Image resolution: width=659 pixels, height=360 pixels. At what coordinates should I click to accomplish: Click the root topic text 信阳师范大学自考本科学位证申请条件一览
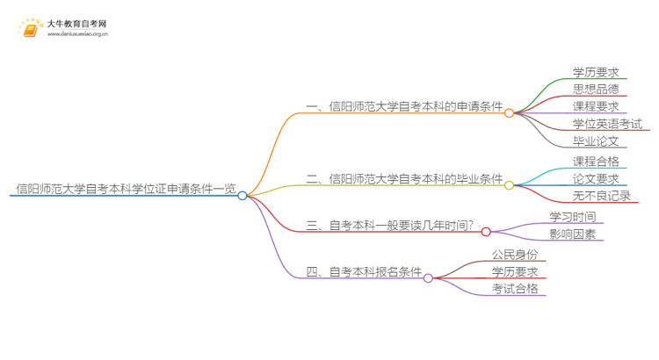pos(126,188)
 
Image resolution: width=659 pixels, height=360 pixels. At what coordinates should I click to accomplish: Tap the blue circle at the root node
pos(243,196)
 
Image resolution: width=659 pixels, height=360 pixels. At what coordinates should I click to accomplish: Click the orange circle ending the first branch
pos(509,113)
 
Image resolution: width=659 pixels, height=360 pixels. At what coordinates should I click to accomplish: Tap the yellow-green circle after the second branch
pos(509,184)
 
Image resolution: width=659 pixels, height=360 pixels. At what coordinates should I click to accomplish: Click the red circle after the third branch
pos(486,232)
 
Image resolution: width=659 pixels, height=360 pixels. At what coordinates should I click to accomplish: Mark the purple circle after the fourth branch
pos(428,278)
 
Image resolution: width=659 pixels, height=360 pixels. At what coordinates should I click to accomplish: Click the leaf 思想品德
pos(596,89)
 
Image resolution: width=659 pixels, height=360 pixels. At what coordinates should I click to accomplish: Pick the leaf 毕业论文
pos(596,140)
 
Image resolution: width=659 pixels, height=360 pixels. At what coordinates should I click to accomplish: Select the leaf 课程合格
pos(596,162)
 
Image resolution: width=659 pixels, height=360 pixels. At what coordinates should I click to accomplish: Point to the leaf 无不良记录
pos(601,196)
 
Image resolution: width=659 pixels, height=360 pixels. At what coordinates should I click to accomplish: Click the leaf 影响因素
pos(573,234)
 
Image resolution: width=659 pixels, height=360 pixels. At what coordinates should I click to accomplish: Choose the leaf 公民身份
pos(515,255)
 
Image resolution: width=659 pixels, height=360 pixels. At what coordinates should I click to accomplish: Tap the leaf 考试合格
pos(515,289)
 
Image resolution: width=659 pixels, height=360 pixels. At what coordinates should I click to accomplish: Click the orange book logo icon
pos(30,29)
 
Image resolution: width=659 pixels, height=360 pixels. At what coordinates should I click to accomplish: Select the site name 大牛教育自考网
pos(77,23)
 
